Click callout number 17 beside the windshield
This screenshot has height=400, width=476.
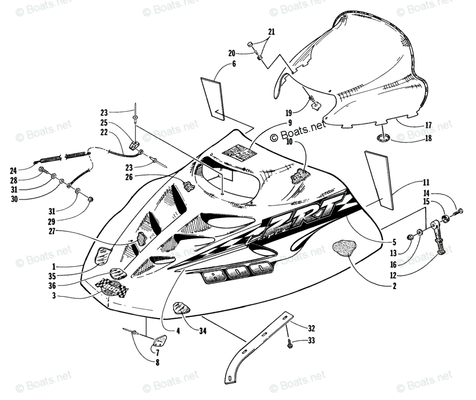[428, 125]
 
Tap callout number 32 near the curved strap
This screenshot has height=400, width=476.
[311, 328]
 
